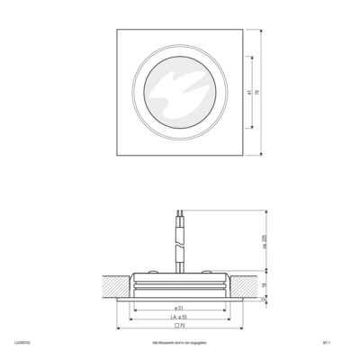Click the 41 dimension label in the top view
[247, 92]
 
